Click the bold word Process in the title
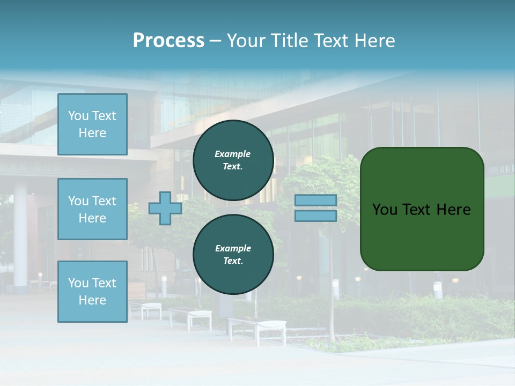click(168, 41)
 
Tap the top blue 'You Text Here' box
click(92, 124)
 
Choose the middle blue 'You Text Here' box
click(92, 209)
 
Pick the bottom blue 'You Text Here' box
click(92, 291)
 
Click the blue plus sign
click(165, 209)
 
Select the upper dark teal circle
click(233, 160)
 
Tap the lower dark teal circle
click(233, 255)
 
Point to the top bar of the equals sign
click(316, 201)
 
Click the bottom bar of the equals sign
click(316, 216)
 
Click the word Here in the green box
click(453, 210)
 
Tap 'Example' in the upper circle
click(233, 154)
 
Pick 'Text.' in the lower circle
click(233, 261)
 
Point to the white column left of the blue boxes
click(20, 236)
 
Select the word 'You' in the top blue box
click(78, 116)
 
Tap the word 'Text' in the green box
click(417, 210)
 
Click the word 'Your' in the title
click(246, 41)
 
